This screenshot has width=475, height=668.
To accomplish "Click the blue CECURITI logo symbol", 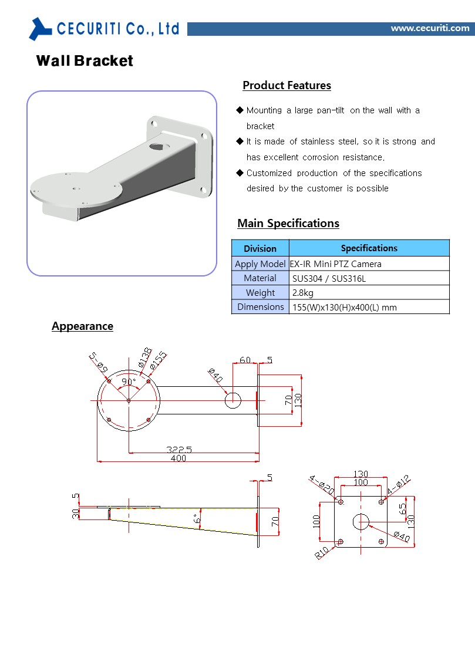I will click(x=41, y=28).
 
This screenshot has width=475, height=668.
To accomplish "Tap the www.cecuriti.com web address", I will click(x=430, y=28).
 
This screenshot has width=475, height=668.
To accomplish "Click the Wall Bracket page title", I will click(x=85, y=61).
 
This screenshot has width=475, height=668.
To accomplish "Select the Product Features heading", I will click(x=287, y=86).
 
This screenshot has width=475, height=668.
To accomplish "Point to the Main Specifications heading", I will click(x=288, y=224).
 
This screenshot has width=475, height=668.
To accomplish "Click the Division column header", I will click(x=260, y=248).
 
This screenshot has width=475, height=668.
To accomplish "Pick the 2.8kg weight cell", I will click(x=303, y=293).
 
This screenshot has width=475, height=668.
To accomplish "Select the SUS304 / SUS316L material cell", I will click(x=329, y=278).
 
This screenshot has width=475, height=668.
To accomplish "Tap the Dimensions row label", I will click(x=260, y=307).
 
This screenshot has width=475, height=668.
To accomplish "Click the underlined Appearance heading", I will click(x=82, y=326).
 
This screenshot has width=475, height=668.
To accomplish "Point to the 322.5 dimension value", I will click(x=178, y=449).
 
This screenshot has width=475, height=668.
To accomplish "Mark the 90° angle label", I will click(x=129, y=382).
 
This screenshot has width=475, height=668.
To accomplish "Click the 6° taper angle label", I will click(x=198, y=519).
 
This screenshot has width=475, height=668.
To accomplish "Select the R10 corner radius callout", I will click(x=322, y=552).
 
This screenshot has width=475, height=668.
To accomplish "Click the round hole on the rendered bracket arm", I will click(x=157, y=144).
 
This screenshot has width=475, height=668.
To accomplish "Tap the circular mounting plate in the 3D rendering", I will click(x=76, y=189).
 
